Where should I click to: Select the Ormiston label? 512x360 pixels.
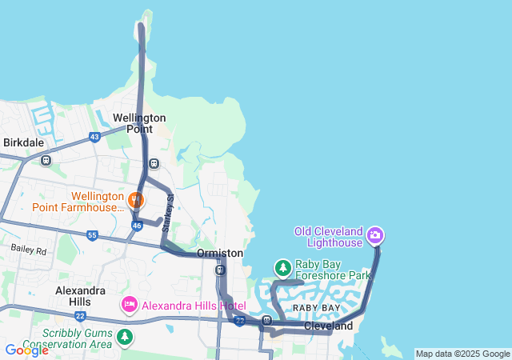tap(219, 253)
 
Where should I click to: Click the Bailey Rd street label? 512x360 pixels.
tap(29, 250)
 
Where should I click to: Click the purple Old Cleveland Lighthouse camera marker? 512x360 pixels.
tap(375, 236)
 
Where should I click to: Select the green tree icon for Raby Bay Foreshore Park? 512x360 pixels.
tap(282, 267)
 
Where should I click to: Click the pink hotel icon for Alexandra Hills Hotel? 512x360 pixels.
tap(129, 305)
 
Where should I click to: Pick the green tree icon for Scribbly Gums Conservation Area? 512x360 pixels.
tap(124, 337)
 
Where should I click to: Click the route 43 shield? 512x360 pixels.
tap(95, 138)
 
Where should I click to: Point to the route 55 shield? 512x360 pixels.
tap(92, 236)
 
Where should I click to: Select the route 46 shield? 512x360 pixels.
tap(137, 226)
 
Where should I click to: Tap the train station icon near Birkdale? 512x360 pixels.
tap(46, 160)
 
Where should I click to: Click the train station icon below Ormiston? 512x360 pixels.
tap(219, 270)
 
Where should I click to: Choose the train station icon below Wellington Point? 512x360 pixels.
tap(154, 164)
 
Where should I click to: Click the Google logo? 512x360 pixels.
tap(26, 350)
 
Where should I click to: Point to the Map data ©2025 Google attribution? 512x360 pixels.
tap(462, 354)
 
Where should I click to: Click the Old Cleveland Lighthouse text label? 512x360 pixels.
tap(329, 232)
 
